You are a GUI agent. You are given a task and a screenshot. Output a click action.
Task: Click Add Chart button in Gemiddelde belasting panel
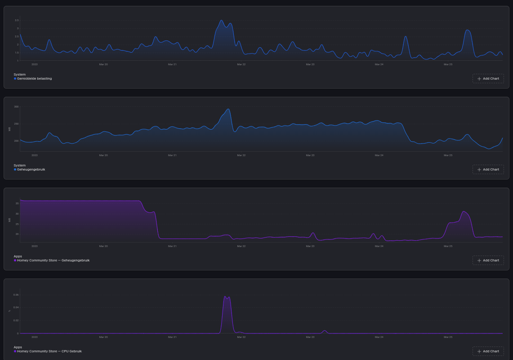(x=488, y=79)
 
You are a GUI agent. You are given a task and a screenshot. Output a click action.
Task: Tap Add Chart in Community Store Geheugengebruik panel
(x=488, y=261)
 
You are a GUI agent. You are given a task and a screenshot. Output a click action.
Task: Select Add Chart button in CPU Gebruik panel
(x=488, y=351)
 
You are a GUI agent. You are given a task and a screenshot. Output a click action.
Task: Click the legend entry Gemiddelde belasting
(x=34, y=79)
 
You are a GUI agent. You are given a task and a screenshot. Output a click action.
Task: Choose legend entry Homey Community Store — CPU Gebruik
(x=49, y=351)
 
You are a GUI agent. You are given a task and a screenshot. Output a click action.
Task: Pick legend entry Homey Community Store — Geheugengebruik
(x=53, y=261)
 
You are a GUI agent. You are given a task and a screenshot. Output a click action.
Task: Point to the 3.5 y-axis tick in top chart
(x=17, y=20)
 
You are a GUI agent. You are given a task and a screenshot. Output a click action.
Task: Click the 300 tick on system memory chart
(x=16, y=107)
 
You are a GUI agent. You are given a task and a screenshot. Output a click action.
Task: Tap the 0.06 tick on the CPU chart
(x=16, y=295)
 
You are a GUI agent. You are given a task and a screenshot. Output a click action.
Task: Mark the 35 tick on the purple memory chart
(x=17, y=203)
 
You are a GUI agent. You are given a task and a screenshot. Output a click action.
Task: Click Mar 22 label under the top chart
(x=241, y=64)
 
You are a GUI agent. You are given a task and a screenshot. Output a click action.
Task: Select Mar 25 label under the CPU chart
(x=448, y=337)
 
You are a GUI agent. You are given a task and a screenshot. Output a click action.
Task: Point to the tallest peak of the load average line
(x=221, y=20)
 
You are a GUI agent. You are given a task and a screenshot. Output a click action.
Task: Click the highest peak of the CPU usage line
(x=225, y=297)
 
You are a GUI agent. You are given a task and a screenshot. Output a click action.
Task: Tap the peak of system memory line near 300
(x=228, y=109)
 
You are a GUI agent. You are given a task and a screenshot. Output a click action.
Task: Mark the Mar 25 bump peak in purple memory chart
(x=464, y=211)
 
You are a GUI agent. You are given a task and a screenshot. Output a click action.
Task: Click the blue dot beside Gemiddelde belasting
(x=15, y=79)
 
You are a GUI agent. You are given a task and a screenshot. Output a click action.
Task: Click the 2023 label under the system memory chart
(x=35, y=155)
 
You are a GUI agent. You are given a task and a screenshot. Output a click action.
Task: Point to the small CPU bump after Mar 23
(x=325, y=331)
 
